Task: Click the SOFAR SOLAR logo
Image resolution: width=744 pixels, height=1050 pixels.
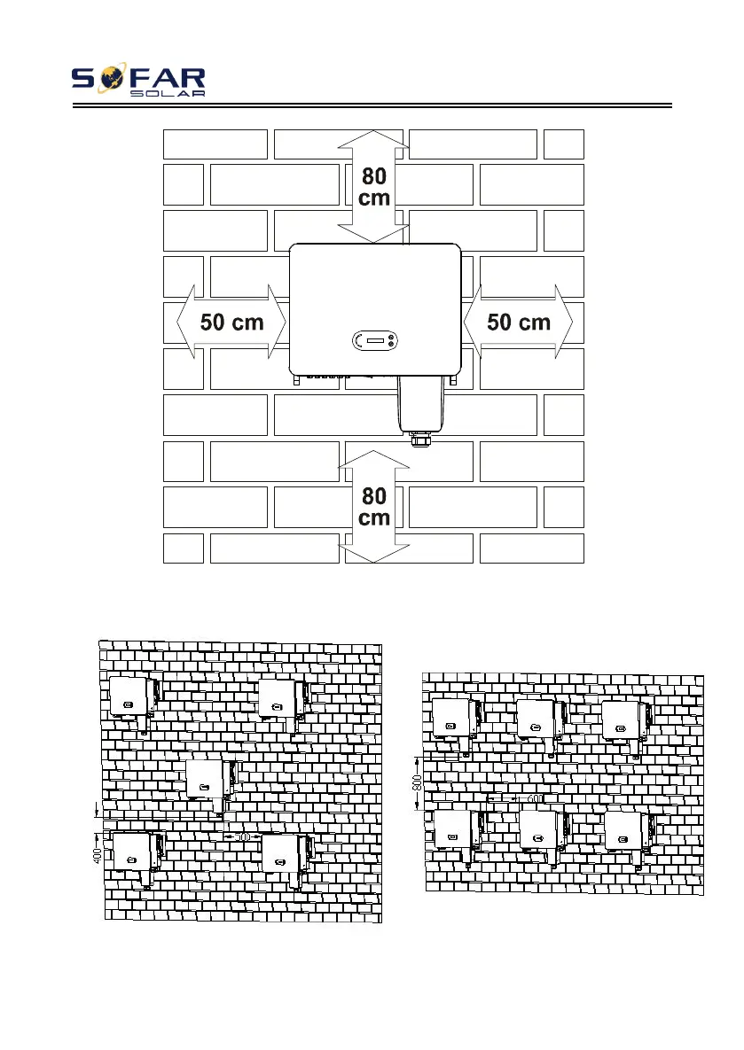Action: (138, 81)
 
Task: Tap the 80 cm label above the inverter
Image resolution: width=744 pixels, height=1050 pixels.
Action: (374, 187)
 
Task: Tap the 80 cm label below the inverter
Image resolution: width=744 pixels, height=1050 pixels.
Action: (374, 507)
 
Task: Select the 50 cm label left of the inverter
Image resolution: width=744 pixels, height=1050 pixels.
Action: (232, 323)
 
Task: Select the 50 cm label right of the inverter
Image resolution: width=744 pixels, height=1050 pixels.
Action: (519, 323)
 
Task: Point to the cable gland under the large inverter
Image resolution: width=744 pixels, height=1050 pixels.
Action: (419, 438)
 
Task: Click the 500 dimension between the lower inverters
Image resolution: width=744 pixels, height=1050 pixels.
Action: (240, 836)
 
